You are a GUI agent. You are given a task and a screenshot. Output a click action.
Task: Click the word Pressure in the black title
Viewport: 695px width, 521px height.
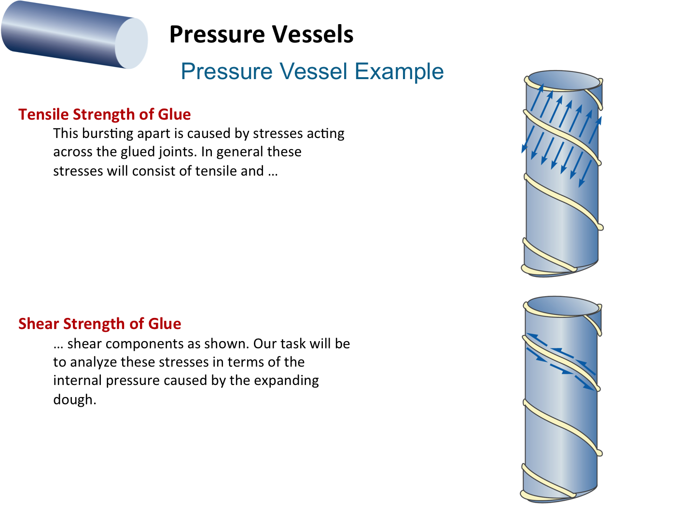(217, 34)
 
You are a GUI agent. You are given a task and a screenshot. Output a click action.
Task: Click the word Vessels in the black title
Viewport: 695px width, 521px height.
(313, 34)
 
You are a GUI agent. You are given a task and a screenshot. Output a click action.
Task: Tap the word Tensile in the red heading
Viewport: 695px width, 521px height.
(43, 114)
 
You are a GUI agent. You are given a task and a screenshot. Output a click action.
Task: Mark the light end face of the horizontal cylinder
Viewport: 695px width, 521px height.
(131, 43)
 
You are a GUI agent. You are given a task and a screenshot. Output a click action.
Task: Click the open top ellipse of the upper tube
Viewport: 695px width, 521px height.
(564, 81)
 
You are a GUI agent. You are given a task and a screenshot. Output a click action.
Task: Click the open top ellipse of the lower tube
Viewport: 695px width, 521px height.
(563, 306)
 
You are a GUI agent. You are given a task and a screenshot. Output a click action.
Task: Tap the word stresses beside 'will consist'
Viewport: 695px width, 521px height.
(78, 171)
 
